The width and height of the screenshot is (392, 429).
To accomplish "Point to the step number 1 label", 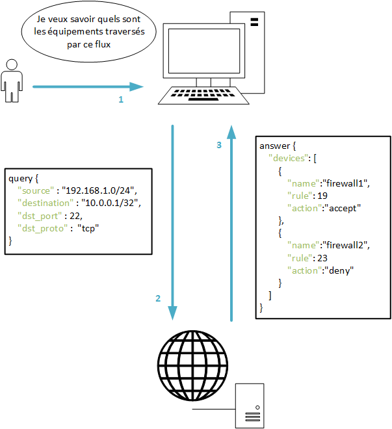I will point(120,100).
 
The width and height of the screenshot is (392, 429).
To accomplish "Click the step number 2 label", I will point(157,299).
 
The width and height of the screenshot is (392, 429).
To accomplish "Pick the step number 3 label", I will point(219,145).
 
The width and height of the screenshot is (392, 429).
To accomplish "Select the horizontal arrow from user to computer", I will point(88,86).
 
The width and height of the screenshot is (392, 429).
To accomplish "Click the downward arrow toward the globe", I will point(172,221).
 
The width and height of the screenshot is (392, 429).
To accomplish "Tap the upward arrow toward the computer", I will point(231,221).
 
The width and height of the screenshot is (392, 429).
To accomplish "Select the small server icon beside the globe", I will point(250,404).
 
